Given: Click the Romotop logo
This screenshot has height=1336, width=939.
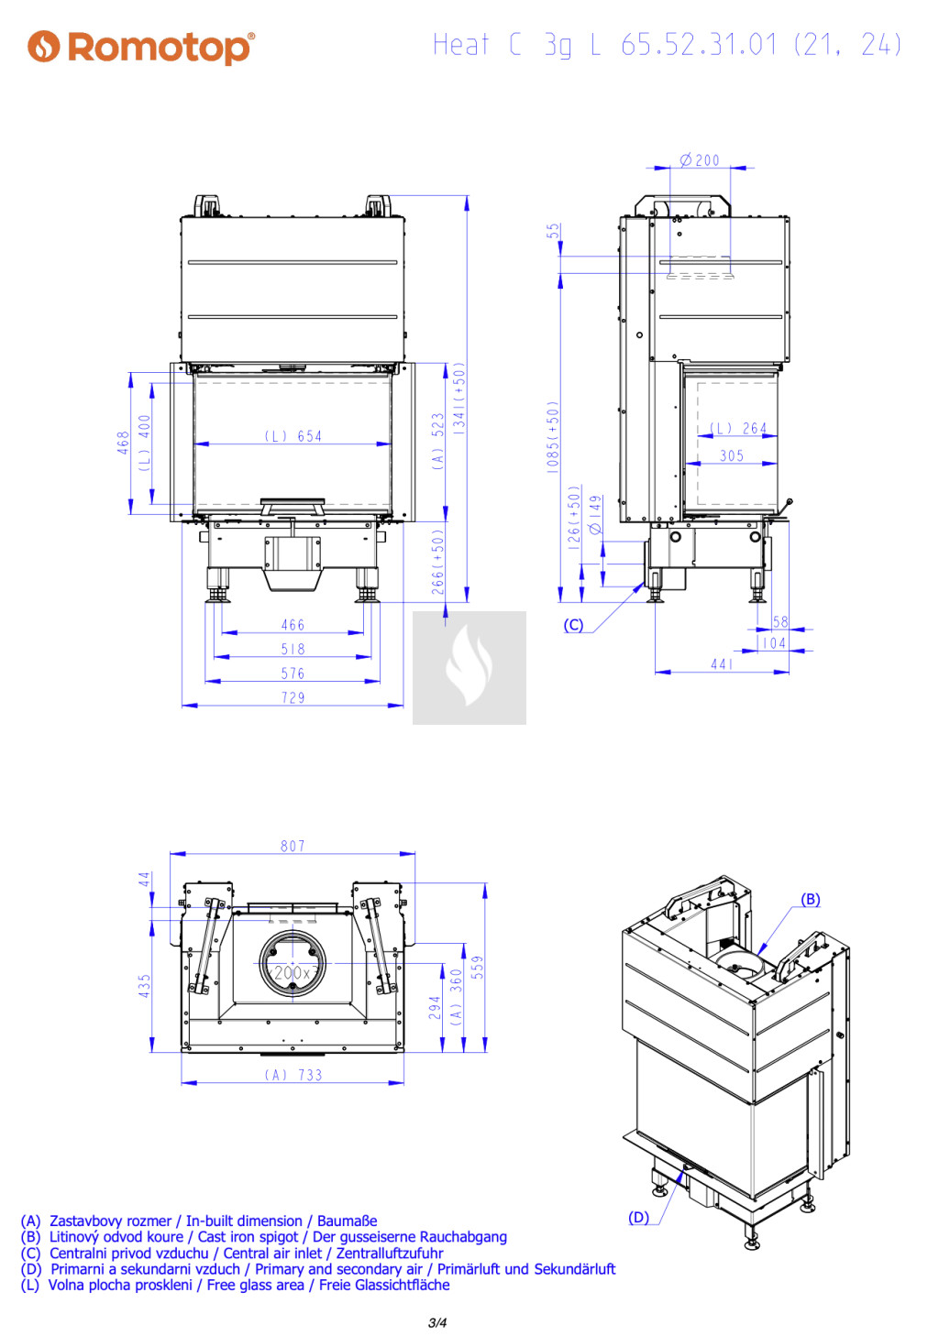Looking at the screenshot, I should [x=141, y=47].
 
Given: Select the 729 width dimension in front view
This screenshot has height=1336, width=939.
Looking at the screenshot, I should [x=293, y=697].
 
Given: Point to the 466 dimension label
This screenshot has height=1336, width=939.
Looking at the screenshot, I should [x=293, y=625].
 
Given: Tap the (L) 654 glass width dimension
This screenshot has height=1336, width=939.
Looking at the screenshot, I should [x=293, y=436].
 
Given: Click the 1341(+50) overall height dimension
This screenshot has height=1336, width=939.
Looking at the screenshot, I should [x=459, y=396].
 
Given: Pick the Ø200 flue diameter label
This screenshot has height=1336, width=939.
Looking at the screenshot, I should [x=700, y=160].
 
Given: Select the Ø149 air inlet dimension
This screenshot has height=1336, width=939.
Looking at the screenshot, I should [x=596, y=515].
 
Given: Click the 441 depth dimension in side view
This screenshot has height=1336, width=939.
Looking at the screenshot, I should [x=722, y=664].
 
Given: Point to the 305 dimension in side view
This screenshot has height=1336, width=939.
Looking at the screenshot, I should [x=731, y=455].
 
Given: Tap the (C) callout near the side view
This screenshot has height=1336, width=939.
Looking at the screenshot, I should [x=573, y=625].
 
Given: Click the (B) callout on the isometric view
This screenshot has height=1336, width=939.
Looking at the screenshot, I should [x=811, y=899].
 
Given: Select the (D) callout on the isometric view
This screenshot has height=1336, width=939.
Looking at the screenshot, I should [x=638, y=1217].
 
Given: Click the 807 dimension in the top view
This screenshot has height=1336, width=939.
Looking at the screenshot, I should [x=293, y=846].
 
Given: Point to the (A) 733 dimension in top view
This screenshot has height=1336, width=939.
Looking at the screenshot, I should [x=293, y=1075].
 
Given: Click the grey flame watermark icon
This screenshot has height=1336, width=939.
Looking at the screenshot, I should [x=469, y=667].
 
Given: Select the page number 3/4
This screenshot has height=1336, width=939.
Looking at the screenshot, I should [x=437, y=1322].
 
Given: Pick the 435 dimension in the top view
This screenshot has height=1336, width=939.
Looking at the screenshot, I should [x=144, y=986].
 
